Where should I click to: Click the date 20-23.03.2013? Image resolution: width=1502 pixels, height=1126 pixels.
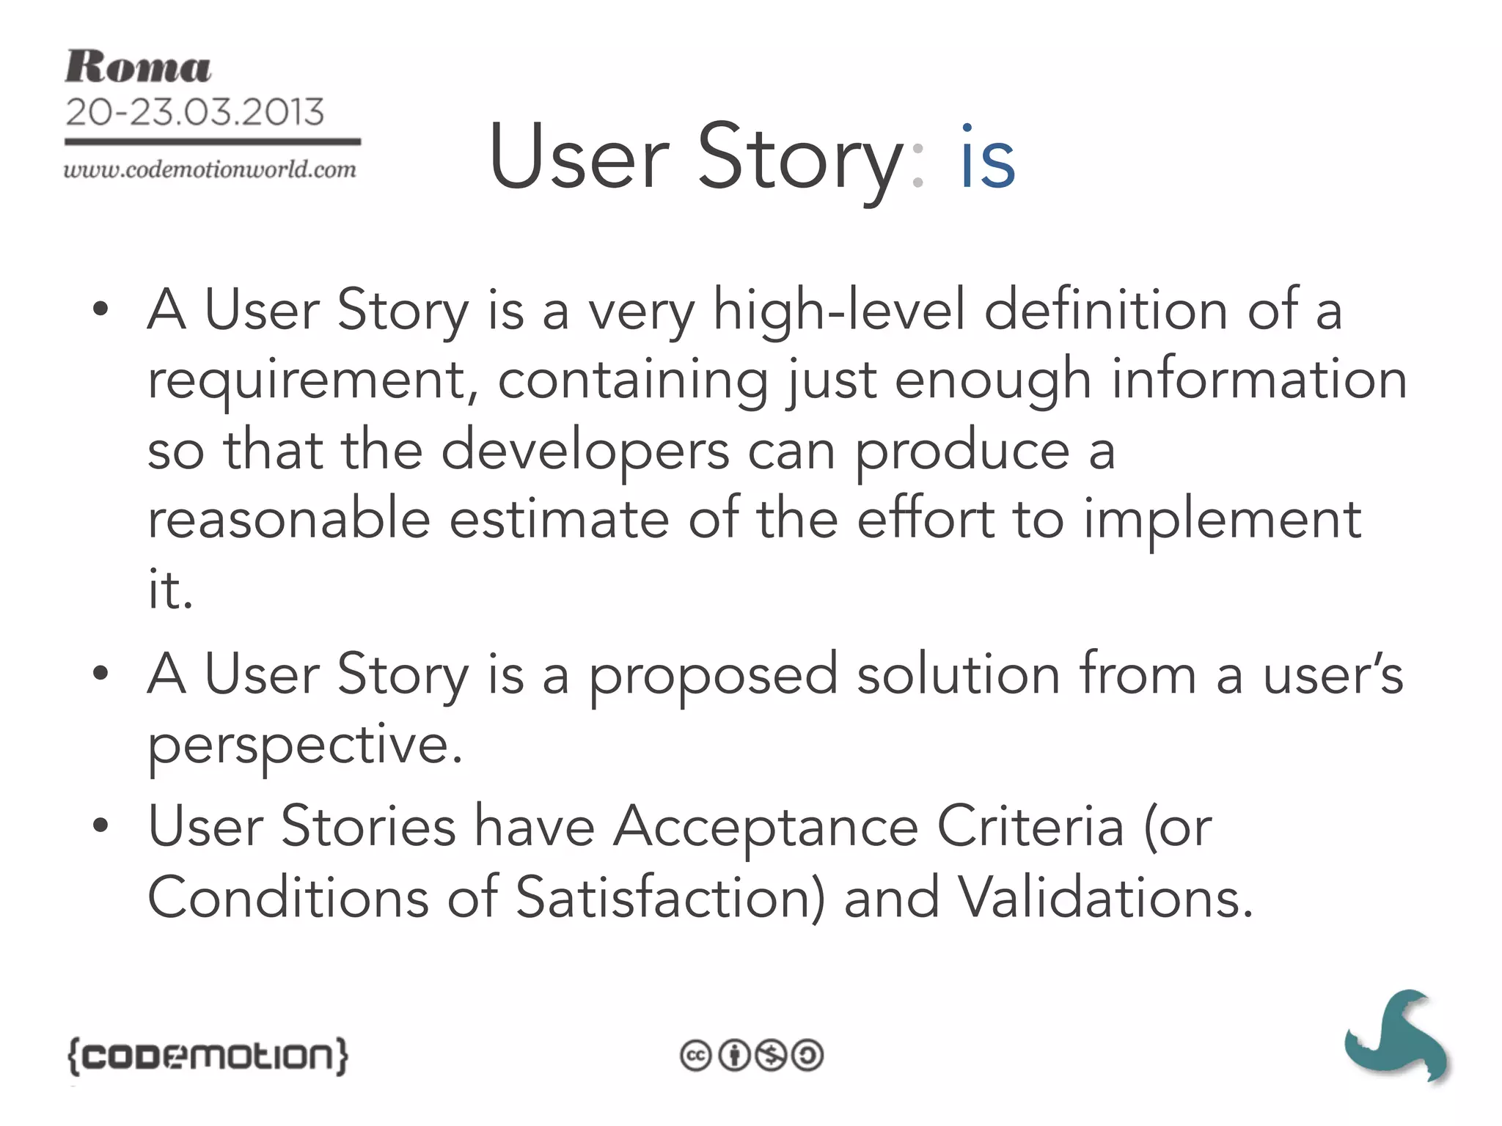[x=194, y=112]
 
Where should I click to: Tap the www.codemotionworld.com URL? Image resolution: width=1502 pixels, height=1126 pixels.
[x=210, y=170]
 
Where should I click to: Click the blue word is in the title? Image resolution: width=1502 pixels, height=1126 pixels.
[x=987, y=158]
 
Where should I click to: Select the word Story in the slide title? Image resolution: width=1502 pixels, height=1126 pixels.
[x=799, y=158]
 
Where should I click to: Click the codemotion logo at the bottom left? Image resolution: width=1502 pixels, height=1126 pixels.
[x=208, y=1056]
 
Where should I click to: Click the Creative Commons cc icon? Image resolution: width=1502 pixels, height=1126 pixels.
[x=695, y=1056]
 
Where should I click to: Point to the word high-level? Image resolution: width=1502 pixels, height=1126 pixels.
[x=839, y=311]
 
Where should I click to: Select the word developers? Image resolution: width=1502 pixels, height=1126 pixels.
[x=585, y=451]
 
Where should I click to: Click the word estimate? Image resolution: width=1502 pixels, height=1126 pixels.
[x=559, y=520]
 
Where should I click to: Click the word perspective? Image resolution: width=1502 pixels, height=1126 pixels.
[x=305, y=746]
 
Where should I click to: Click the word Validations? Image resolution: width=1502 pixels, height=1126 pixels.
[x=1106, y=897]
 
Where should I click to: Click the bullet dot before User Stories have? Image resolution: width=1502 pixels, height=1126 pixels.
[x=100, y=826]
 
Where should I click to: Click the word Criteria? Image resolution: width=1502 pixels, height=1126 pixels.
[x=1030, y=827]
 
